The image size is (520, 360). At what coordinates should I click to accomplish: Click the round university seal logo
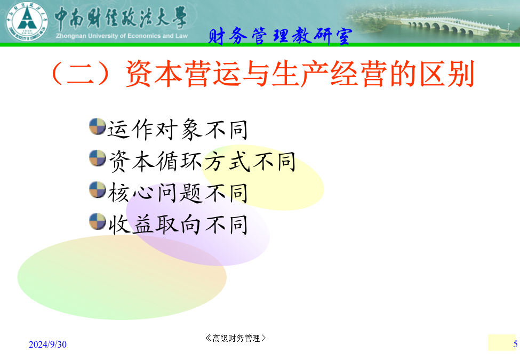[27, 21]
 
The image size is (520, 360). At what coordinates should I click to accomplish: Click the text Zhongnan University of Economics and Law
[122, 36]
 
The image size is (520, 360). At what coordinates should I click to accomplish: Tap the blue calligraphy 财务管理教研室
[280, 36]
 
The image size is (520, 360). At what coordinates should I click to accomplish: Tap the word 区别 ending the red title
[447, 74]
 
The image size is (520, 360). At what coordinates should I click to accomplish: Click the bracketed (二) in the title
[81, 74]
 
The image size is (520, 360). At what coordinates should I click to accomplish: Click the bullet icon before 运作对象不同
[98, 126]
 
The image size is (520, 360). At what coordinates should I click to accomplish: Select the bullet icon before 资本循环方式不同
[98, 158]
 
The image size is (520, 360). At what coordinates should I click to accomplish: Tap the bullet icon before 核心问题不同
[98, 190]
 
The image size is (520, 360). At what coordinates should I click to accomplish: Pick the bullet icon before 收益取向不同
[98, 221]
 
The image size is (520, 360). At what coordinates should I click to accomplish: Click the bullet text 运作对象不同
[178, 130]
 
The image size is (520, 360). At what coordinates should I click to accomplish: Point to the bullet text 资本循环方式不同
[202, 161]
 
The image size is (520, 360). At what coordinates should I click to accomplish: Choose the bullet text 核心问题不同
[178, 193]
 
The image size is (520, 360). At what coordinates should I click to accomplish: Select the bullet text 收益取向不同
[178, 225]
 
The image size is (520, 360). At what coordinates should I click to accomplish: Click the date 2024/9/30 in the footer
[48, 345]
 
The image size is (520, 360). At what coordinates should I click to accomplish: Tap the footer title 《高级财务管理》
[235, 338]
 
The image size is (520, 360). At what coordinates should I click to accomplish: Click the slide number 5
[515, 344]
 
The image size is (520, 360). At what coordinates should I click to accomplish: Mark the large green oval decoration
[122, 277]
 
